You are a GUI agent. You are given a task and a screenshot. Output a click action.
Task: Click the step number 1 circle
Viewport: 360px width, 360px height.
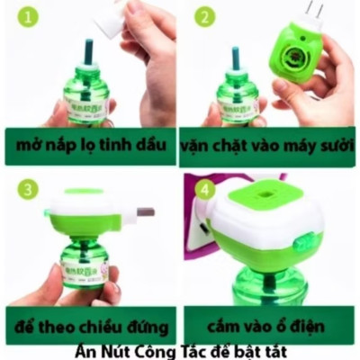29,16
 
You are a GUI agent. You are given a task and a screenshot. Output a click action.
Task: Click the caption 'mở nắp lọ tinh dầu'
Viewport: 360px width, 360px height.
90,146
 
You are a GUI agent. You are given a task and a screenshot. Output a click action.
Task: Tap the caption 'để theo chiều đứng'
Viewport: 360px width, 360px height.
90,323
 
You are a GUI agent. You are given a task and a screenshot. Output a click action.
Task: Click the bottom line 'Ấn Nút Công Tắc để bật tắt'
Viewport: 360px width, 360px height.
180,350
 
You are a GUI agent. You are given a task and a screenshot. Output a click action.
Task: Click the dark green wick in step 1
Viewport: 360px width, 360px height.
87,56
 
